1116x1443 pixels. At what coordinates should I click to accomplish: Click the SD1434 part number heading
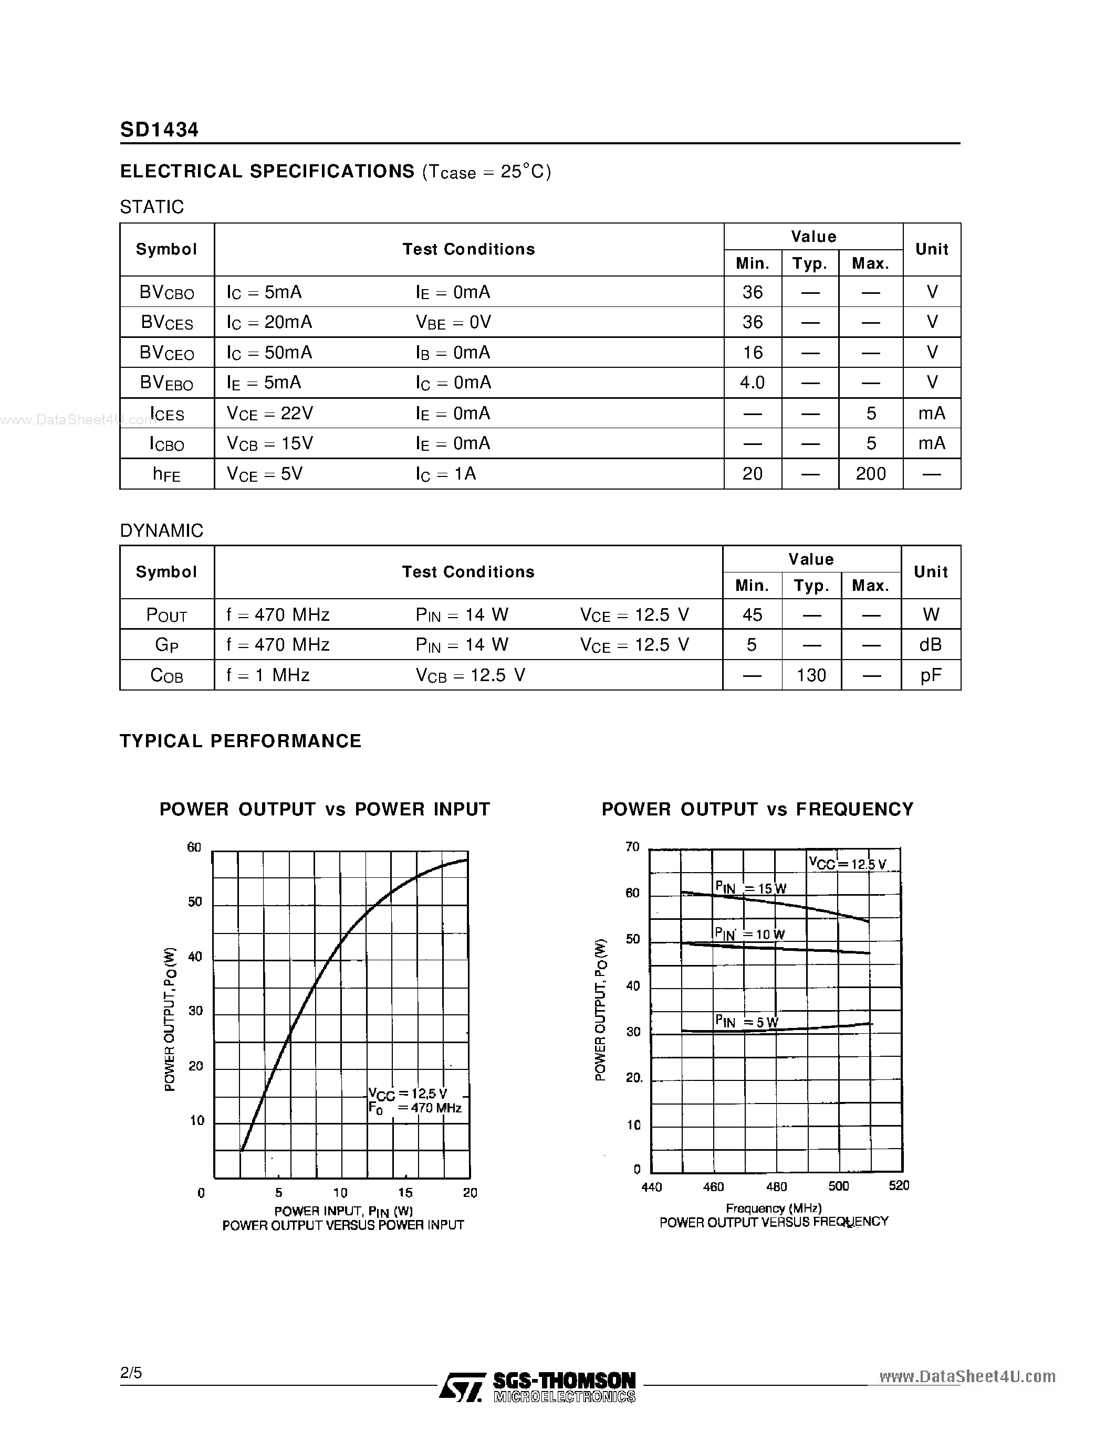coord(159,130)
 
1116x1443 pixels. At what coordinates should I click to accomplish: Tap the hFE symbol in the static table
coord(166,474)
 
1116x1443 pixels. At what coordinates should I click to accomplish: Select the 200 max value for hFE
coord(870,474)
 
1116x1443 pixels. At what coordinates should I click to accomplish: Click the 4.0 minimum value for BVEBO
coord(753,383)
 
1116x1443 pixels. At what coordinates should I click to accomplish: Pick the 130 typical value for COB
coord(811,675)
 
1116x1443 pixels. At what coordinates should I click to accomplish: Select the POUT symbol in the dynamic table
coord(166,615)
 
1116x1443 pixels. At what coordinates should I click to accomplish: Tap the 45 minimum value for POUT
coord(752,614)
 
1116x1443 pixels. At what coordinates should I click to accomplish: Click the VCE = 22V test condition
coord(270,413)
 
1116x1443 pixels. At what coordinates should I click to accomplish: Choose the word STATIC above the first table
coord(151,207)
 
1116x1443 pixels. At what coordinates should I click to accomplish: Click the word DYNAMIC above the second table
coord(161,530)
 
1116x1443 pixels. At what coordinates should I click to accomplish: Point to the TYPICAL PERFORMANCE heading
coord(241,741)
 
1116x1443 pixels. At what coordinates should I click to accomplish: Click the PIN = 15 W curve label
coord(750,888)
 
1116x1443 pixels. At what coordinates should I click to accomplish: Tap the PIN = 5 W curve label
coord(746,1022)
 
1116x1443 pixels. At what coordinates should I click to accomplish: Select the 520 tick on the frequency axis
coord(899,1185)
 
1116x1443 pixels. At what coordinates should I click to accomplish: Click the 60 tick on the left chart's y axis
coord(194,847)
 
